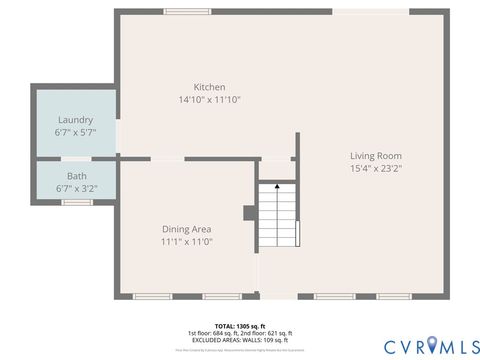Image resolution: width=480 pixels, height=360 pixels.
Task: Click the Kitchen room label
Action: pos(209,87)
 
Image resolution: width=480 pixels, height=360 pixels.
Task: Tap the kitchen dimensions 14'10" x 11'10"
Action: pos(209,100)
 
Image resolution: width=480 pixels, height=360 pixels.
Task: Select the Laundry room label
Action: pos(76,120)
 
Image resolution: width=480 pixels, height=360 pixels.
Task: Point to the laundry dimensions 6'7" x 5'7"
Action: pos(76,132)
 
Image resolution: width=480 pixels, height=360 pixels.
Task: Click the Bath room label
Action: pos(76,176)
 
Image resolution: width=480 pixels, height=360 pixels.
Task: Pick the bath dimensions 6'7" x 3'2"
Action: pos(76,187)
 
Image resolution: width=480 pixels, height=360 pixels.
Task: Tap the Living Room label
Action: pos(376,155)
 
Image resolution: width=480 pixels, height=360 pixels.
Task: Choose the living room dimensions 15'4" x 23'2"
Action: pos(376,168)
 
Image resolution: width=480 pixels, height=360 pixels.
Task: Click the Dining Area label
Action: pos(187,229)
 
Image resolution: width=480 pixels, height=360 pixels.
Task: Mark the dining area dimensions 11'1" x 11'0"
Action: pos(187,242)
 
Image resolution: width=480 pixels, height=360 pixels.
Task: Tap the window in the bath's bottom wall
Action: pos(76,203)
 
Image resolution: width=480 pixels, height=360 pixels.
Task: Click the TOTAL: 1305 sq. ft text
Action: pos(240,326)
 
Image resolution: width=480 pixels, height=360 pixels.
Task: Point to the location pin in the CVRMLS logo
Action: pos(432,345)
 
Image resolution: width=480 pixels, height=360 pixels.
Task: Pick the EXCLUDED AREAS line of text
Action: pos(240,341)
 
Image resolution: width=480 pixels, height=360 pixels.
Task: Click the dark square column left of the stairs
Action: pos(248,213)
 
